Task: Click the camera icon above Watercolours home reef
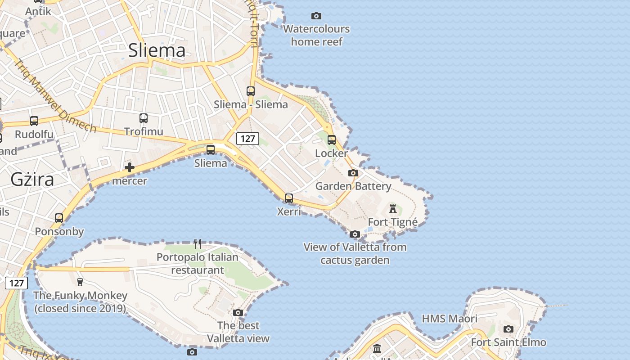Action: point(316,16)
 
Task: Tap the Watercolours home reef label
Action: point(316,35)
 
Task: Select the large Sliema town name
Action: point(157,50)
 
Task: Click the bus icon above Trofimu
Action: point(144,118)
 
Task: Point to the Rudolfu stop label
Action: point(34,134)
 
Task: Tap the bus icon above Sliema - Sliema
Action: point(251,91)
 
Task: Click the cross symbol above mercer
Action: point(130,168)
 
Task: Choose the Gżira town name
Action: point(32,180)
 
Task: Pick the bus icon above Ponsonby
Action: point(59,218)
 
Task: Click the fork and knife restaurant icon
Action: point(198,244)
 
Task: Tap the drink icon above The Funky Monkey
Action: point(80,282)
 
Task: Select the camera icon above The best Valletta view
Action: point(238,312)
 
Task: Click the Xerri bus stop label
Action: point(289,211)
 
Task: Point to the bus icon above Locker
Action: point(332,140)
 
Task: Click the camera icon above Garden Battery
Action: point(353,173)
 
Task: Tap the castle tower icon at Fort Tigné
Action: point(393,209)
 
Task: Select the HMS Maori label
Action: point(450,319)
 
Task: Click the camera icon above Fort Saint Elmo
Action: point(508,329)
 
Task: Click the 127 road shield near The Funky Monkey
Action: point(16,283)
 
